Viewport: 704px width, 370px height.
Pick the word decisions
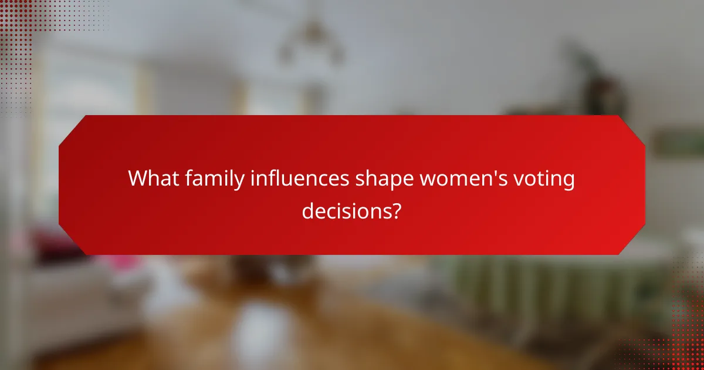tap(346, 210)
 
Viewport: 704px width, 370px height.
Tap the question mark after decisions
tap(397, 210)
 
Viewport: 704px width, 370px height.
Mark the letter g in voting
tap(568, 182)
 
